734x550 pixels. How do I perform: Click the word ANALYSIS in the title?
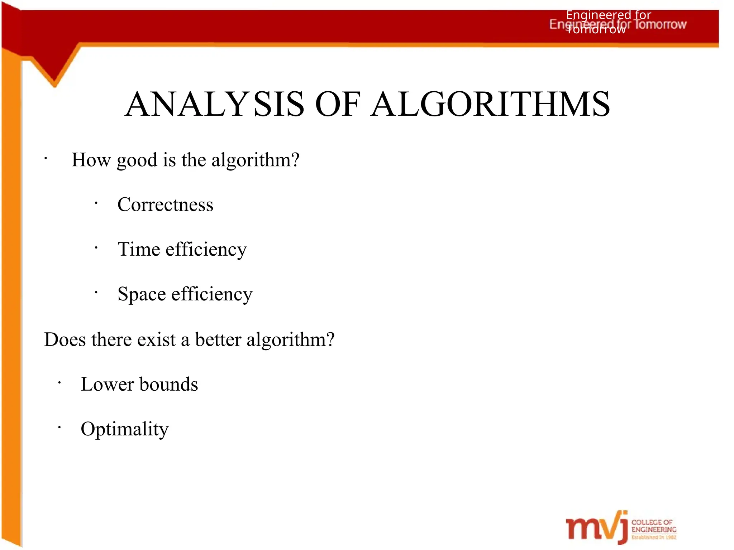click(x=214, y=104)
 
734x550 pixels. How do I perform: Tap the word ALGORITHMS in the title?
click(x=490, y=104)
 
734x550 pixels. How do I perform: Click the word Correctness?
click(x=165, y=204)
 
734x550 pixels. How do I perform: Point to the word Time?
click(x=139, y=249)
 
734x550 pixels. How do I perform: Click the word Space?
click(x=142, y=294)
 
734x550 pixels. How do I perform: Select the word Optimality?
click(x=124, y=429)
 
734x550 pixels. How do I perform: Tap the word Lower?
click(x=107, y=384)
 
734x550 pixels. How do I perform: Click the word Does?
click(x=65, y=339)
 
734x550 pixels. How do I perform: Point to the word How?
click(x=91, y=160)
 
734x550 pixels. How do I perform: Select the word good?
click(x=137, y=160)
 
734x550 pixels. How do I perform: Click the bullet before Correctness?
click(x=96, y=203)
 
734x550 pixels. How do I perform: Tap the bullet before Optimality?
click(x=59, y=427)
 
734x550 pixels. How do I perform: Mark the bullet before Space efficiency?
click(x=96, y=293)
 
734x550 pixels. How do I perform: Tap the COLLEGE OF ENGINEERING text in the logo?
click(x=653, y=526)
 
